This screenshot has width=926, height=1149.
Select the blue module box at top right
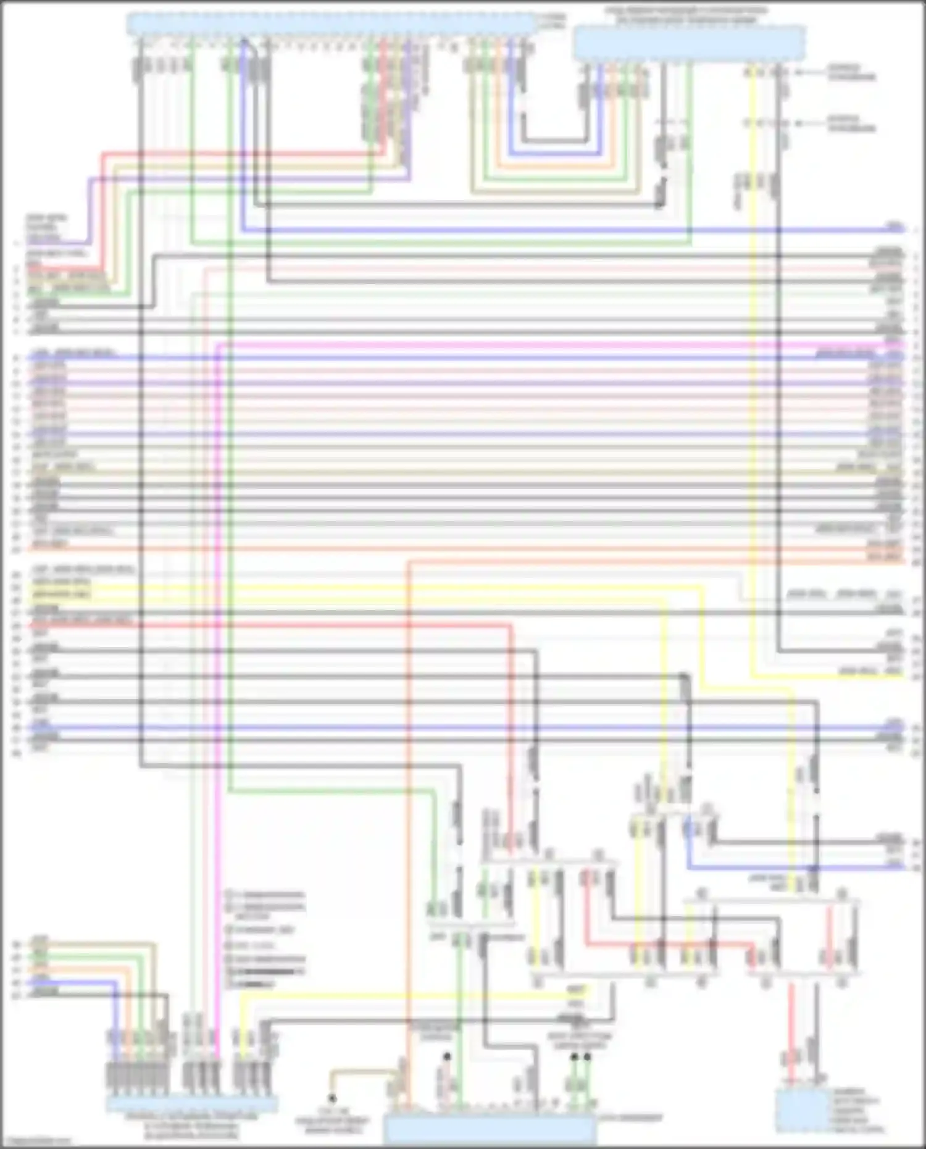[690, 43]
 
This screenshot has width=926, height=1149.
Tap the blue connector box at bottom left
[192, 1103]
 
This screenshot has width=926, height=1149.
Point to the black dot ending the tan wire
[332, 1098]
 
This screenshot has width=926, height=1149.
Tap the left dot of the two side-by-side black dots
[574, 1056]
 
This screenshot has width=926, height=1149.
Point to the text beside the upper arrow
[852, 73]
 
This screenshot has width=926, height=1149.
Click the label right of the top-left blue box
[551, 22]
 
